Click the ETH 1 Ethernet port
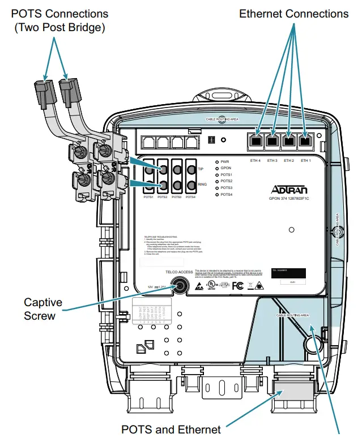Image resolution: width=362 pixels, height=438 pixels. (x=306, y=141)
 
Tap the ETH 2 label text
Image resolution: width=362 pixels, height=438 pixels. (x=289, y=161)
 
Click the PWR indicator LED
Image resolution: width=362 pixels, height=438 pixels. (x=216, y=162)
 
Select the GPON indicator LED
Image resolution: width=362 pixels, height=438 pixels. (x=216, y=169)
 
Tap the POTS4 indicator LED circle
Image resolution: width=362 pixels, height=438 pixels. (x=216, y=195)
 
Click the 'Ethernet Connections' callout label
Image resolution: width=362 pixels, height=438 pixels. (x=293, y=13)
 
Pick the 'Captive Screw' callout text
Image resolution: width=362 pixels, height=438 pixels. (x=42, y=309)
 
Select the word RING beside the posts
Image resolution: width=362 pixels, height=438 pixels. (x=202, y=184)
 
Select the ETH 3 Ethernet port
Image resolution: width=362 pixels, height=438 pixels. (x=273, y=141)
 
